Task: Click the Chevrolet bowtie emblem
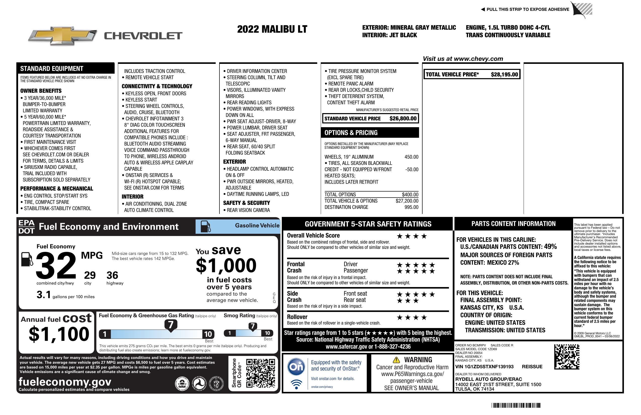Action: pyautogui.click(x=62, y=35)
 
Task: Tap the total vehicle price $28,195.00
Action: pyautogui.click(x=504, y=75)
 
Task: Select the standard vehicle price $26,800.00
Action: pyautogui.click(x=403, y=118)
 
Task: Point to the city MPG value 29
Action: pyautogui.click(x=90, y=275)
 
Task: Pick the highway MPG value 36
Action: pyautogui.click(x=112, y=275)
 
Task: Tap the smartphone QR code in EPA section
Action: pyautogui.click(x=260, y=373)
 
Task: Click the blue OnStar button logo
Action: pyautogui.click(x=296, y=367)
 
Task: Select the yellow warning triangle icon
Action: pyautogui.click(x=396, y=360)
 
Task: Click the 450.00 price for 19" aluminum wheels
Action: pyautogui.click(x=411, y=157)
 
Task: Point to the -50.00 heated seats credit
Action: pyautogui.click(x=412, y=170)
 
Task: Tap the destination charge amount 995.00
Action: pyautogui.click(x=411, y=207)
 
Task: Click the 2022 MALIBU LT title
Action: pyautogui.click(x=272, y=29)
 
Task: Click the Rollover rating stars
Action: pyautogui.click(x=412, y=318)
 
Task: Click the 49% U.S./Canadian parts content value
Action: pyautogui.click(x=550, y=247)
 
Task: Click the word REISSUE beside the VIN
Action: pyautogui.click(x=532, y=367)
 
